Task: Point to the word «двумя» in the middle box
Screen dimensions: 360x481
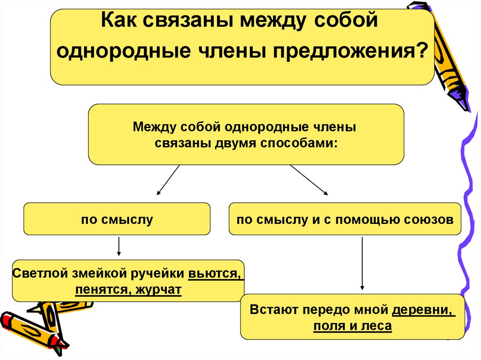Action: pyautogui.click(x=228, y=143)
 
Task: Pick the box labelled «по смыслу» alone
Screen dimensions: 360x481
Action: pyautogui.click(x=117, y=219)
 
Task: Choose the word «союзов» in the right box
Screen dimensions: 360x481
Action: pyautogui.click(x=432, y=219)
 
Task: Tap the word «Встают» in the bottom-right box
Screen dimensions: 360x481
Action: pyautogui.click(x=271, y=310)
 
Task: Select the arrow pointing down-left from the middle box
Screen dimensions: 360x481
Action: pyautogui.click(x=168, y=180)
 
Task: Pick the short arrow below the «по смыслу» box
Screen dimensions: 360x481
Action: pyautogui.click(x=119, y=246)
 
